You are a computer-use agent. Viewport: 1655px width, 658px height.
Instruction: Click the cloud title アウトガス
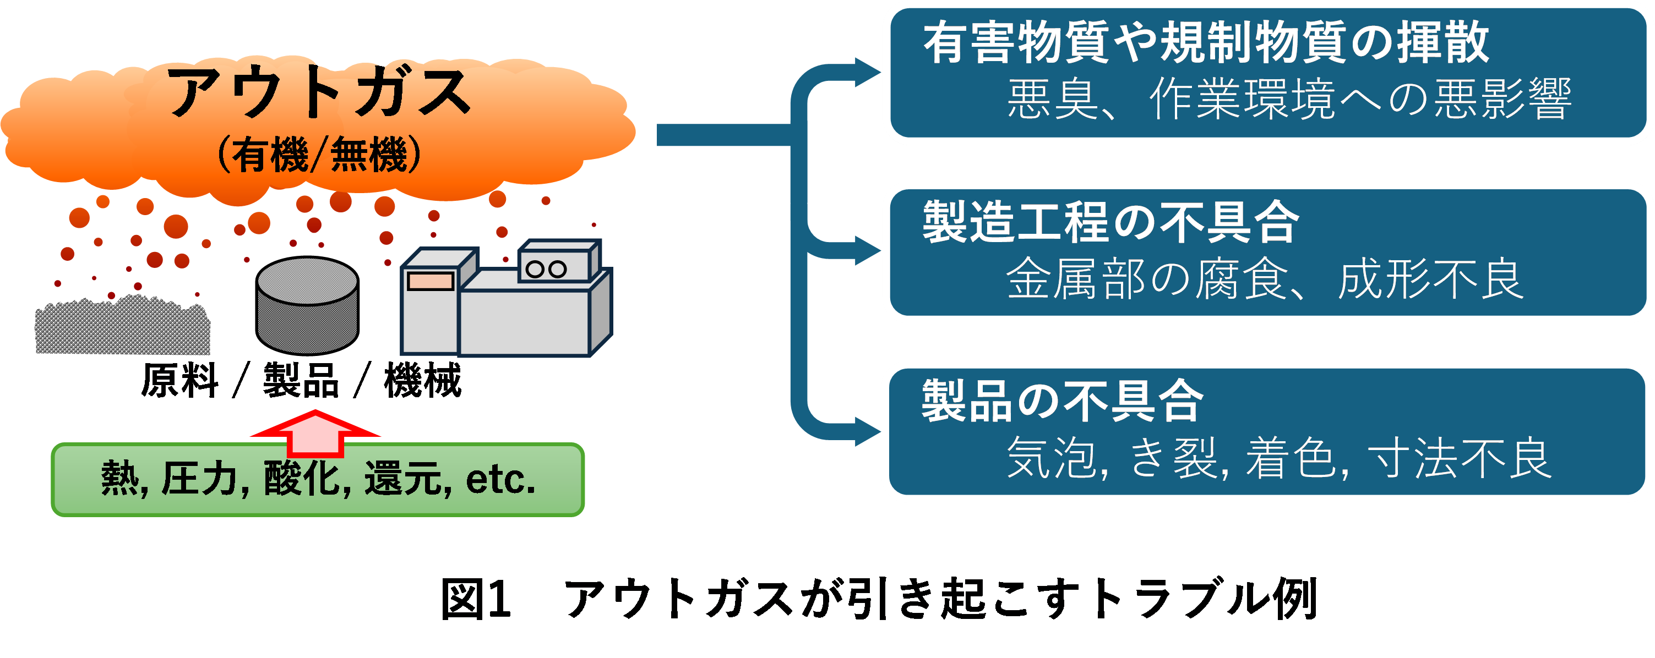[x=319, y=92]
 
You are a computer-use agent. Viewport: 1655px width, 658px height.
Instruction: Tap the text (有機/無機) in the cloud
[x=319, y=155]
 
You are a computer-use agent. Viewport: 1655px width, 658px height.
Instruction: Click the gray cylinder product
[x=307, y=305]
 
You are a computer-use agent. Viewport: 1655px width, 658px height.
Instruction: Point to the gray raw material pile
[x=123, y=325]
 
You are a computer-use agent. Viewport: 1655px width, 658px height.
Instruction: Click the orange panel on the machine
[x=431, y=281]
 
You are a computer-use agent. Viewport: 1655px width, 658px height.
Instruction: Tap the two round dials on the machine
[x=546, y=269]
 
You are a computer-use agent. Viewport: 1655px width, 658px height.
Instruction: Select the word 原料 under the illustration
[x=180, y=380]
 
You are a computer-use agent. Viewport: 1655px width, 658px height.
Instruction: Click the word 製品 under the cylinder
[x=301, y=380]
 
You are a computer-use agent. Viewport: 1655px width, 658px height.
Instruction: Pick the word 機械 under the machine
[x=423, y=380]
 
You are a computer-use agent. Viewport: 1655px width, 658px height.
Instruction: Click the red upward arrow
[x=315, y=434]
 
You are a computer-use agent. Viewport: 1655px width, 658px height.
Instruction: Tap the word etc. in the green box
[x=500, y=480]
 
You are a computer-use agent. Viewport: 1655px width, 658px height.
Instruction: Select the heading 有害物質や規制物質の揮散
[x=1206, y=42]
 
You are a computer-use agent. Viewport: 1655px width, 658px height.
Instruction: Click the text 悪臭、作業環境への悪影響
[x=1289, y=99]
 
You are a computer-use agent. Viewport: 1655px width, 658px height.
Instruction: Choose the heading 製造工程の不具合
[x=1112, y=222]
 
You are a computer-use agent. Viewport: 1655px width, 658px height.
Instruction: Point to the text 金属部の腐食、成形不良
[x=1265, y=278]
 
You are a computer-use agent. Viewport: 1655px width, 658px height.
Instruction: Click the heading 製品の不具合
[x=1063, y=401]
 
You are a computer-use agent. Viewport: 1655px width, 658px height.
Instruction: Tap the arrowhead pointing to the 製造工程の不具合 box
[x=868, y=251]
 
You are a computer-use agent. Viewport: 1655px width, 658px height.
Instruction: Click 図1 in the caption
[x=476, y=598]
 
